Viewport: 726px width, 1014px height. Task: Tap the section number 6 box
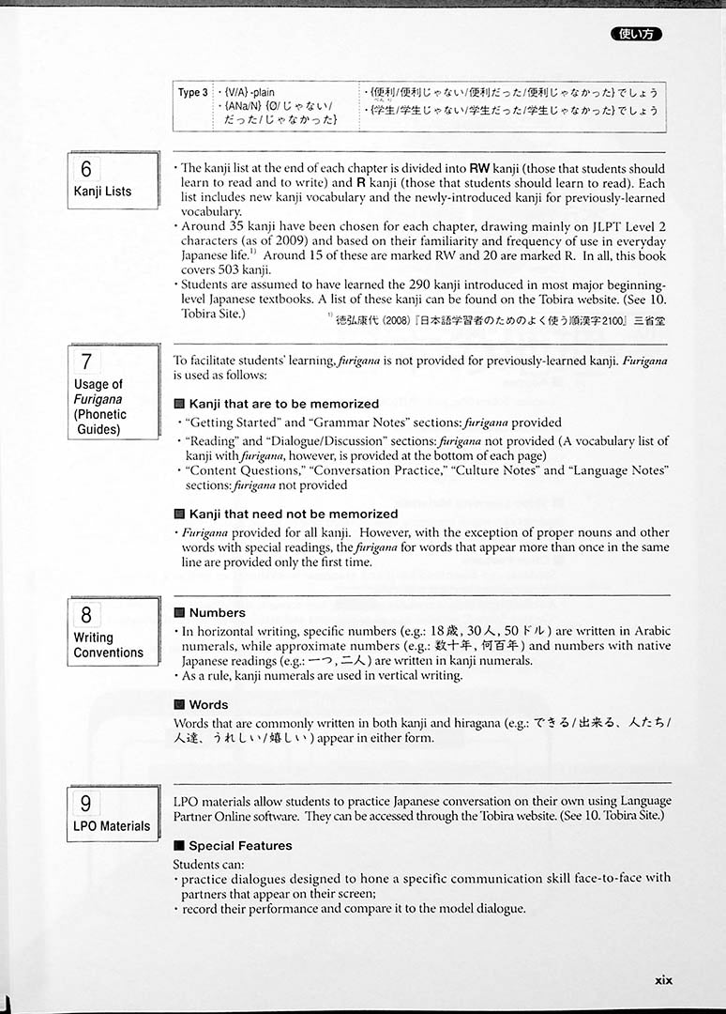click(x=86, y=169)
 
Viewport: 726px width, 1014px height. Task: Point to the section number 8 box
click(x=86, y=615)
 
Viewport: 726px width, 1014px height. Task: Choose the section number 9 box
click(x=86, y=803)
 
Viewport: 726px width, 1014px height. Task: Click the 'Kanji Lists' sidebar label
click(x=102, y=192)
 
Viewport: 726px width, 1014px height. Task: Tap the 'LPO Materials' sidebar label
click(x=112, y=826)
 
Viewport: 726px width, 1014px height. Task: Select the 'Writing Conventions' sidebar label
click(x=108, y=645)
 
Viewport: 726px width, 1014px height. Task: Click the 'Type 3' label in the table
click(x=192, y=93)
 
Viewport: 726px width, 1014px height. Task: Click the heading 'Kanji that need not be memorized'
click(x=293, y=514)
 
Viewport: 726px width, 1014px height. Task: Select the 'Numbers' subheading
click(x=217, y=612)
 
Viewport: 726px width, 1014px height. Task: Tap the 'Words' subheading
click(x=208, y=704)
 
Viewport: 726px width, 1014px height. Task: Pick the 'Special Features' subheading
click(x=240, y=845)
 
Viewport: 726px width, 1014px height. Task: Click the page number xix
click(x=663, y=979)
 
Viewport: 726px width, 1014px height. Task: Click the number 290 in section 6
click(x=392, y=284)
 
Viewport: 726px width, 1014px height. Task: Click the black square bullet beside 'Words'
click(x=179, y=705)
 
